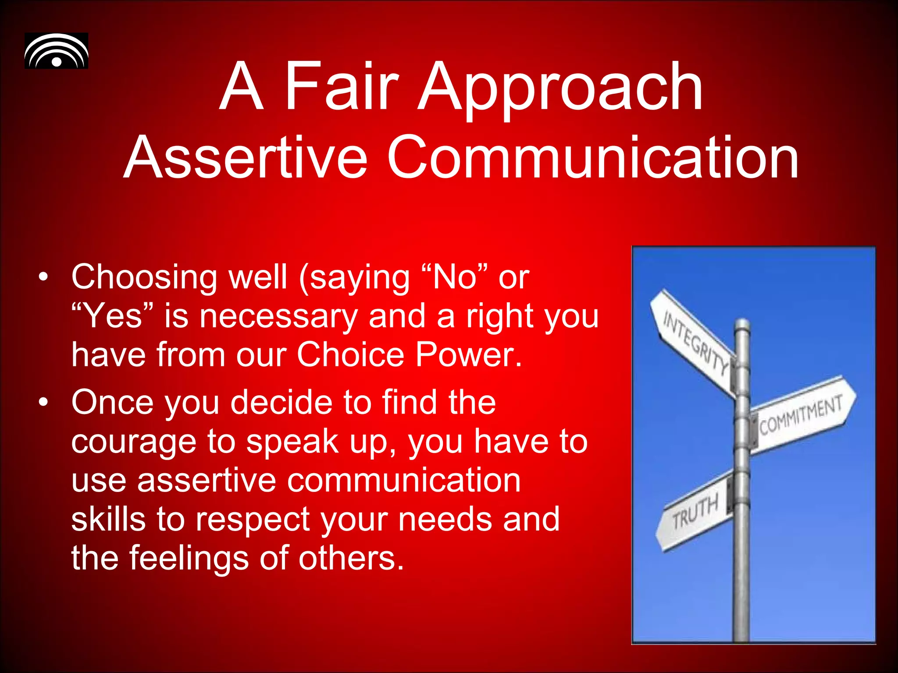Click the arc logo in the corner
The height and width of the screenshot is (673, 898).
coord(56,51)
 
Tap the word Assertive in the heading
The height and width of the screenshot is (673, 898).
coord(245,157)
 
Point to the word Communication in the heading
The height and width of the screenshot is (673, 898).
coord(592,157)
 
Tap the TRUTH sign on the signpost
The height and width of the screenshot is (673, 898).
coord(695,511)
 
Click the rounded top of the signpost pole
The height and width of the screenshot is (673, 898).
coord(742,325)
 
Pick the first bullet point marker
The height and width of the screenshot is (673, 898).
coord(43,277)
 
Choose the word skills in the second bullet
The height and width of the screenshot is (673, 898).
coord(108,519)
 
